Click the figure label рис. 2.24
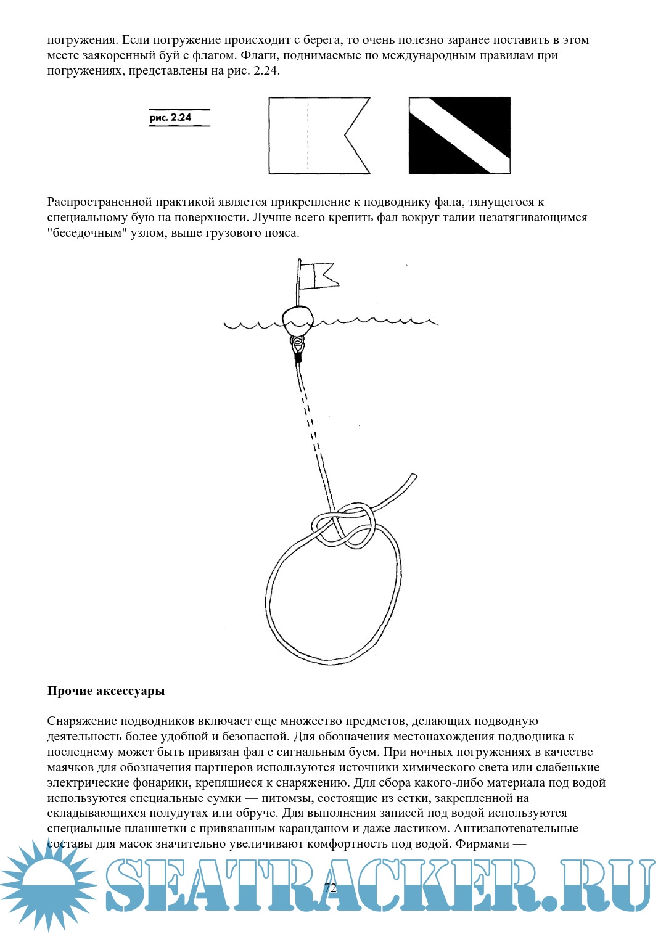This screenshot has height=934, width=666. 171,117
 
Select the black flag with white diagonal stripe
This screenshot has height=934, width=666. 459,136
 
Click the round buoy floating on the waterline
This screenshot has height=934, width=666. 298,319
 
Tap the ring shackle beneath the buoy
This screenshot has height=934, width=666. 297,344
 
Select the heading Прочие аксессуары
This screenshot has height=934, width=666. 106,690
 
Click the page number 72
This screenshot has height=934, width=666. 331,888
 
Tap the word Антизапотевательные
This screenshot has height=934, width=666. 516,829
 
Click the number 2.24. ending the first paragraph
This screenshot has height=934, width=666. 266,71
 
